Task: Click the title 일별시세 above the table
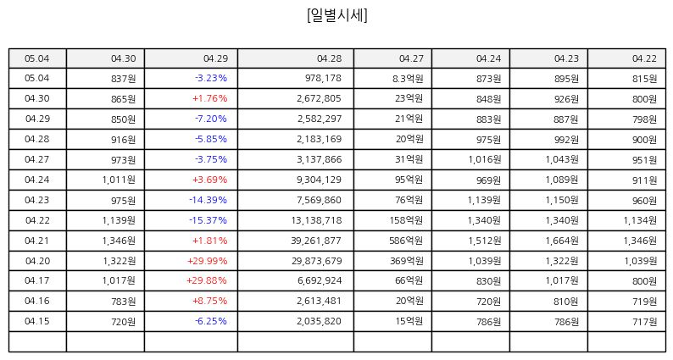(x=337, y=15)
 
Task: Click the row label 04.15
(x=37, y=321)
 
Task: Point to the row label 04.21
(x=37, y=241)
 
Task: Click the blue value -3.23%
(x=211, y=78)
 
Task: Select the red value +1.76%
(x=210, y=98)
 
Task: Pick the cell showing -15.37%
(x=209, y=220)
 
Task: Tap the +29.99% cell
(x=208, y=260)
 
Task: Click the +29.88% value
(x=207, y=280)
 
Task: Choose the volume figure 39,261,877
(x=316, y=241)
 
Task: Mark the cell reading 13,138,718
(x=316, y=220)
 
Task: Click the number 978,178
(x=323, y=78)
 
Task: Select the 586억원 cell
(x=406, y=241)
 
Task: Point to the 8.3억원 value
(x=408, y=79)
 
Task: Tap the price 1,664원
(x=562, y=241)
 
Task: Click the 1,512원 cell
(x=485, y=241)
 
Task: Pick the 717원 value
(x=644, y=321)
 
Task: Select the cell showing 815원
(x=644, y=79)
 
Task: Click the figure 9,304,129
(x=319, y=180)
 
